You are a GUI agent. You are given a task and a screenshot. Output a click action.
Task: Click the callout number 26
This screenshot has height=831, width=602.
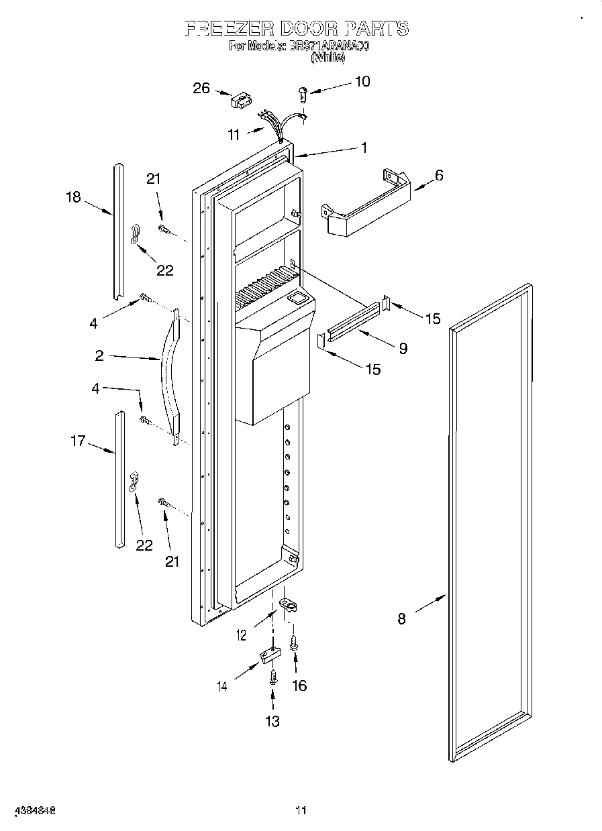pyautogui.click(x=201, y=89)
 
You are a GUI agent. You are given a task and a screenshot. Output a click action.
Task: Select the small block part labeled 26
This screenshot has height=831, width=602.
pyautogui.click(x=239, y=101)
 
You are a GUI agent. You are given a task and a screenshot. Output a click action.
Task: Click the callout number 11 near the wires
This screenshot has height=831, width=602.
pyautogui.click(x=233, y=135)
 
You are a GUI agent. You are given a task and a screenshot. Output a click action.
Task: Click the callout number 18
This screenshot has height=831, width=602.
pyautogui.click(x=73, y=197)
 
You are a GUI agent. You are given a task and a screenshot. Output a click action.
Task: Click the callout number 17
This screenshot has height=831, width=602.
pyautogui.click(x=78, y=441)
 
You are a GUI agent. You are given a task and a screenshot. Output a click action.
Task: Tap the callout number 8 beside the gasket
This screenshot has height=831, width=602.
pyautogui.click(x=401, y=618)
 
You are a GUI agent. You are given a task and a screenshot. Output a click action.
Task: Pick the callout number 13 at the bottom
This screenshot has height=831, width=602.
pyautogui.click(x=272, y=722)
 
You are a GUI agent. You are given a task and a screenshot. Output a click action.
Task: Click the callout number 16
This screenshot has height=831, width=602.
pyautogui.click(x=299, y=685)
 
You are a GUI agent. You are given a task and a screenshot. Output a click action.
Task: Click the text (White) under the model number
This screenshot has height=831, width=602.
pyautogui.click(x=328, y=58)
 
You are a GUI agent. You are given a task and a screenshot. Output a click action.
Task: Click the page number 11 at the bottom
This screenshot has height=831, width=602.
pyautogui.click(x=301, y=810)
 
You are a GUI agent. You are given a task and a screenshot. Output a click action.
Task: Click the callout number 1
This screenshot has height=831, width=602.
pyautogui.click(x=364, y=148)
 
